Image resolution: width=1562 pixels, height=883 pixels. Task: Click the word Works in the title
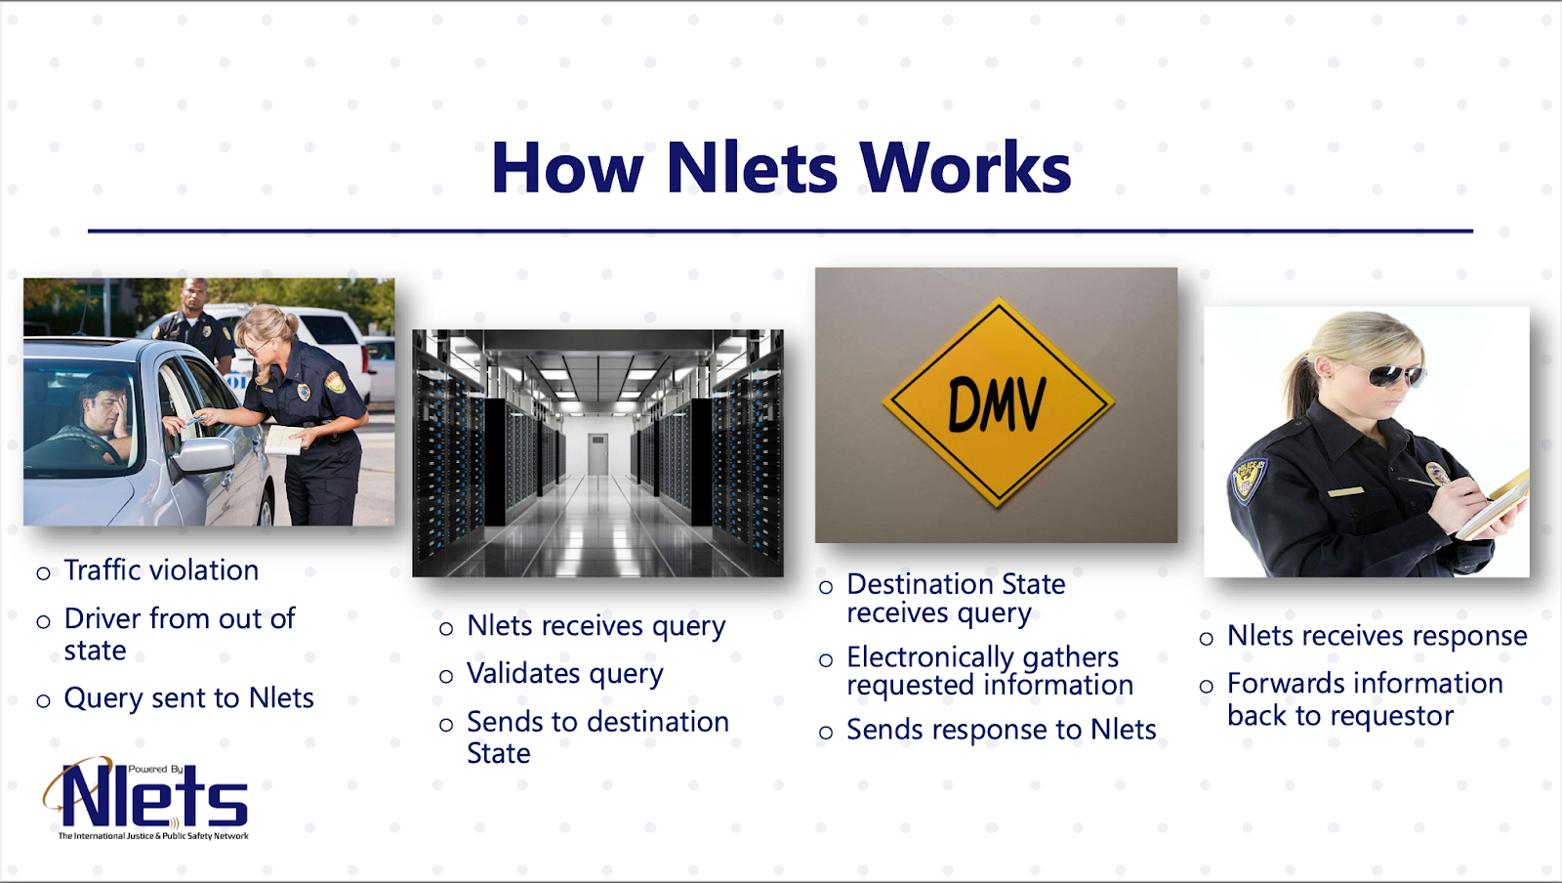tap(966, 167)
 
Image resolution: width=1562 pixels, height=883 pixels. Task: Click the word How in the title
tap(567, 167)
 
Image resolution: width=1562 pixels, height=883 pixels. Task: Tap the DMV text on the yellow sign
tap(997, 403)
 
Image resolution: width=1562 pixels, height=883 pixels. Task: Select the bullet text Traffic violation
tap(161, 570)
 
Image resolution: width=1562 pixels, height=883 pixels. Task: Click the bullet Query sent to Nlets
tap(189, 698)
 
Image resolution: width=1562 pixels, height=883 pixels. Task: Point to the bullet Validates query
tap(565, 674)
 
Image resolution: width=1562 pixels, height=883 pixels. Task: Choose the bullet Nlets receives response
tap(1377, 636)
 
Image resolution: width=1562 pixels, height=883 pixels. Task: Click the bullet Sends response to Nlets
tap(1002, 730)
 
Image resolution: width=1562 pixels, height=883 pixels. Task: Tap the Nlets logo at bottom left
tap(145, 798)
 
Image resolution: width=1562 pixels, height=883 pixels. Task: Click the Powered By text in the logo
tap(155, 769)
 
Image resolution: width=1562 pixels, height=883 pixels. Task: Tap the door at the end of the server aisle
tap(597, 453)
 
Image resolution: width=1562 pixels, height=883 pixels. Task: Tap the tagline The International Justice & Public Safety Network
tap(153, 835)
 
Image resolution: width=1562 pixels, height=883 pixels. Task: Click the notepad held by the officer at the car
tap(284, 440)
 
